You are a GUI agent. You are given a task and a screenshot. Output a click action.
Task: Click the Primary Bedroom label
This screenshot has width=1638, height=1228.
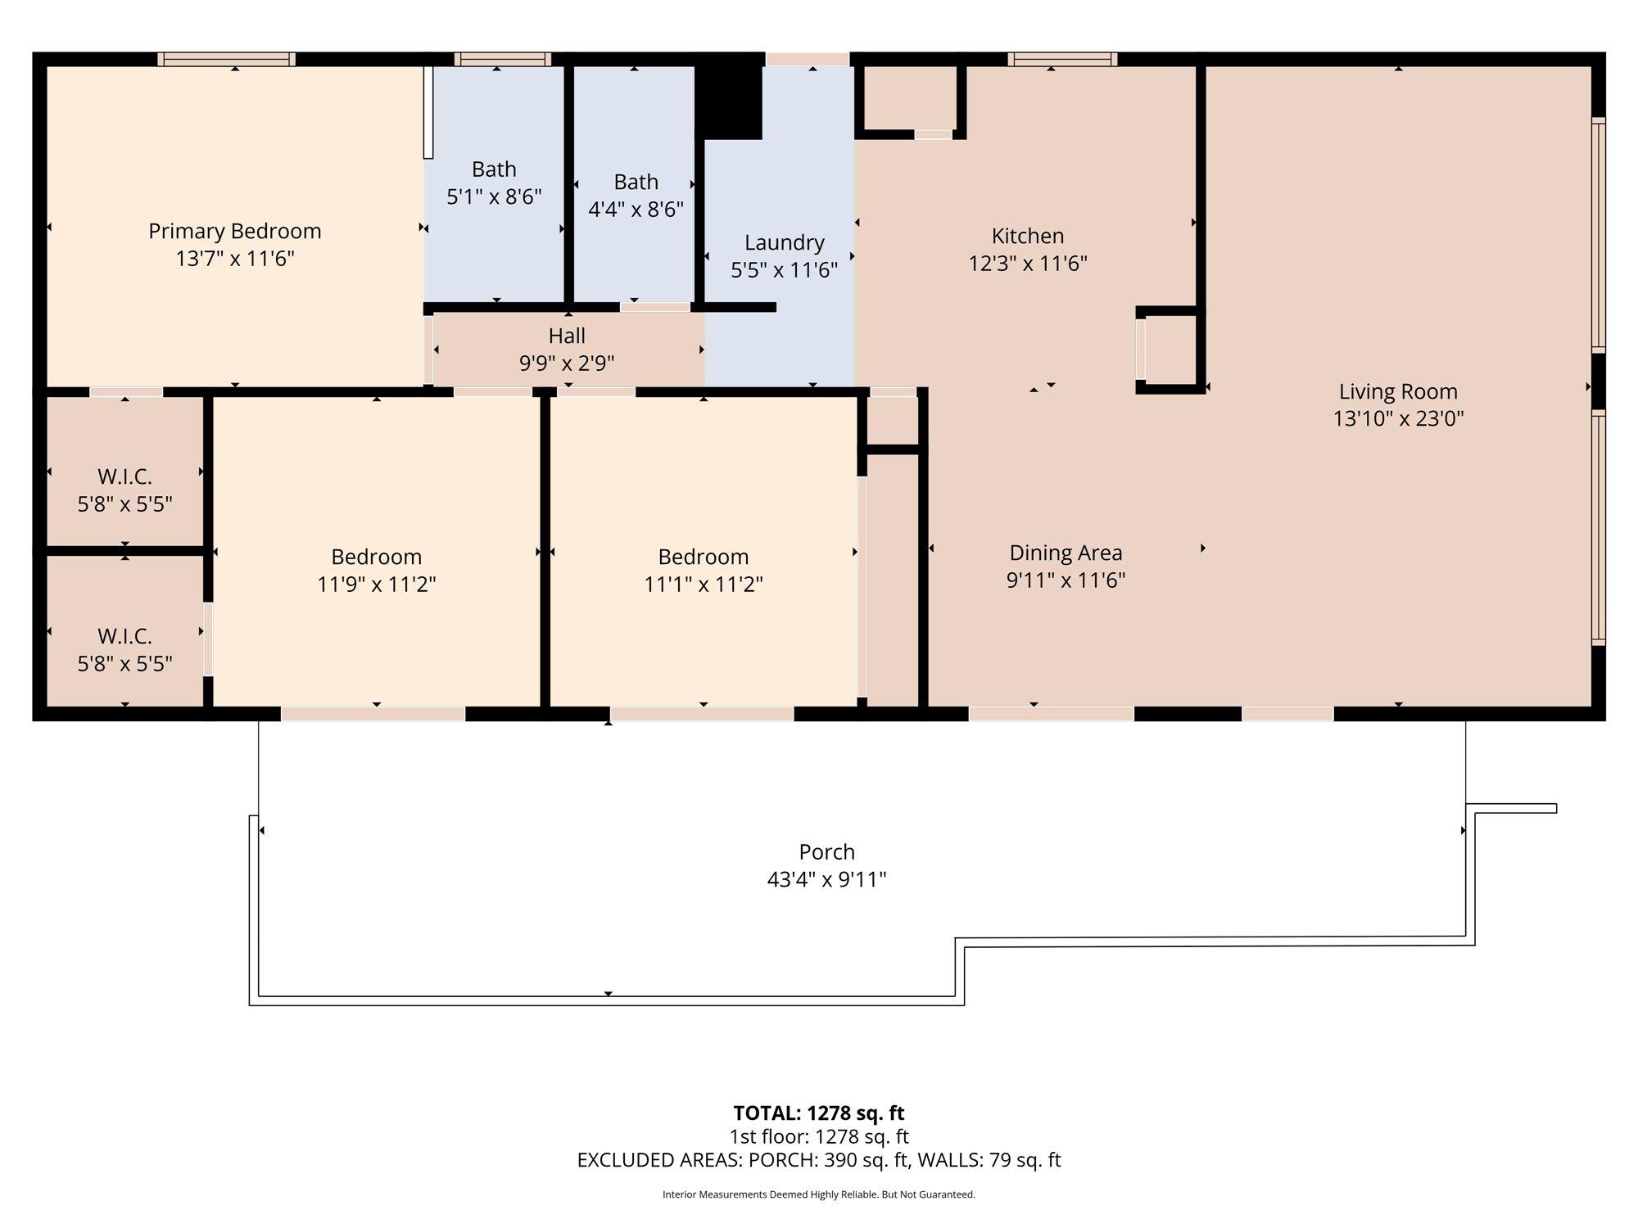[235, 232]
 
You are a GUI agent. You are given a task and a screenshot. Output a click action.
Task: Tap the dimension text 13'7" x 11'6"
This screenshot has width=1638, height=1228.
[235, 259]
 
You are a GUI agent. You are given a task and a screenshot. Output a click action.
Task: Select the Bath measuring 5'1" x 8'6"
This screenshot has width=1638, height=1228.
[494, 183]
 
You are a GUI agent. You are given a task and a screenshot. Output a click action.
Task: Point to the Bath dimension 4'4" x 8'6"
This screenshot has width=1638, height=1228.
[636, 210]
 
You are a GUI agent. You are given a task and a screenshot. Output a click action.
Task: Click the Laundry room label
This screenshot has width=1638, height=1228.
[785, 242]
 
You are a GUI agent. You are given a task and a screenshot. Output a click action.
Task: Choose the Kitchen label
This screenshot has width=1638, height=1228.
[1028, 236]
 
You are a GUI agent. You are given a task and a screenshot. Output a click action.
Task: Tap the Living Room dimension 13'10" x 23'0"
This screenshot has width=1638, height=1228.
[1398, 418]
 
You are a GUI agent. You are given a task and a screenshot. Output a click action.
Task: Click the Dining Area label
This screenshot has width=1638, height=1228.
[1066, 553]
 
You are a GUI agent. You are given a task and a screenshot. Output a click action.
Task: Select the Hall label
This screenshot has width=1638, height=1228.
[567, 336]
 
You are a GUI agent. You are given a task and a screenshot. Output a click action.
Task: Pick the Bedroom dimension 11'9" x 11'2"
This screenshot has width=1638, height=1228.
[377, 585]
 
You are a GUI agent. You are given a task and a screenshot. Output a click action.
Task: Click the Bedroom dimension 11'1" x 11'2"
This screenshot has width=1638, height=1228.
[704, 585]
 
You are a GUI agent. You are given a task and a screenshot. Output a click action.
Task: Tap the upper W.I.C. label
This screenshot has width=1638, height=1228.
[124, 476]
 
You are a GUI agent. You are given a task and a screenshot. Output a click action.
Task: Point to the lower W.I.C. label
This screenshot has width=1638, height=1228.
[124, 636]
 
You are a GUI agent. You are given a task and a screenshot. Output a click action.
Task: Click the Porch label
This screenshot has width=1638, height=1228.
[827, 852]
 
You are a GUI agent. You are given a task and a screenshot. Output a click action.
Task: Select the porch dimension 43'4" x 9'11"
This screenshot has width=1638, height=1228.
[827, 879]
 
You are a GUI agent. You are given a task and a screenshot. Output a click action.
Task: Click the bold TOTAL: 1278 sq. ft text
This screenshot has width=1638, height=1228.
[819, 1113]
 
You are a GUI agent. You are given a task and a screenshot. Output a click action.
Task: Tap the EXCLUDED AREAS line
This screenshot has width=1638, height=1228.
[819, 1160]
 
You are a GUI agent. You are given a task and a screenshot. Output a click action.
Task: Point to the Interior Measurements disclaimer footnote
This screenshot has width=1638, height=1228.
[819, 1194]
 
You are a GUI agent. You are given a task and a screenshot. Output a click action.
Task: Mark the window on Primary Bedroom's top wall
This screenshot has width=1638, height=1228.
[227, 59]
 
